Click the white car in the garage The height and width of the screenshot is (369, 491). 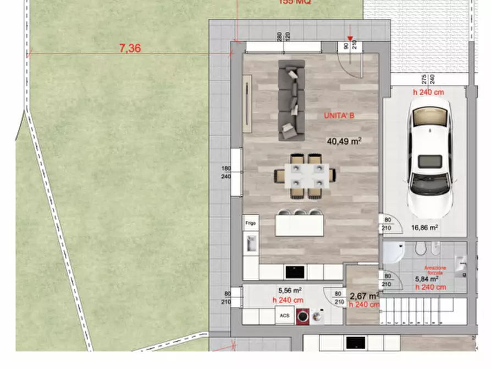[429, 160]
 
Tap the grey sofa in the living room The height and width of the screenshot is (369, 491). [291, 99]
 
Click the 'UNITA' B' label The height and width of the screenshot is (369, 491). [339, 116]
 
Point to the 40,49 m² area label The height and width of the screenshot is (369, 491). [344, 141]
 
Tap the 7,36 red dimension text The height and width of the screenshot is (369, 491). [130, 48]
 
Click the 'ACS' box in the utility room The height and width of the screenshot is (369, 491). [284, 316]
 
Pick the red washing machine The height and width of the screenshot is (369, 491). [302, 316]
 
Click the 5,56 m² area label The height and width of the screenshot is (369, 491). [290, 290]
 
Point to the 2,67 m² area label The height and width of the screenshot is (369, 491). [364, 296]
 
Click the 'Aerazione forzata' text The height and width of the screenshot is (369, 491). [435, 270]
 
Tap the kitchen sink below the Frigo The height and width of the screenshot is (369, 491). [252, 243]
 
